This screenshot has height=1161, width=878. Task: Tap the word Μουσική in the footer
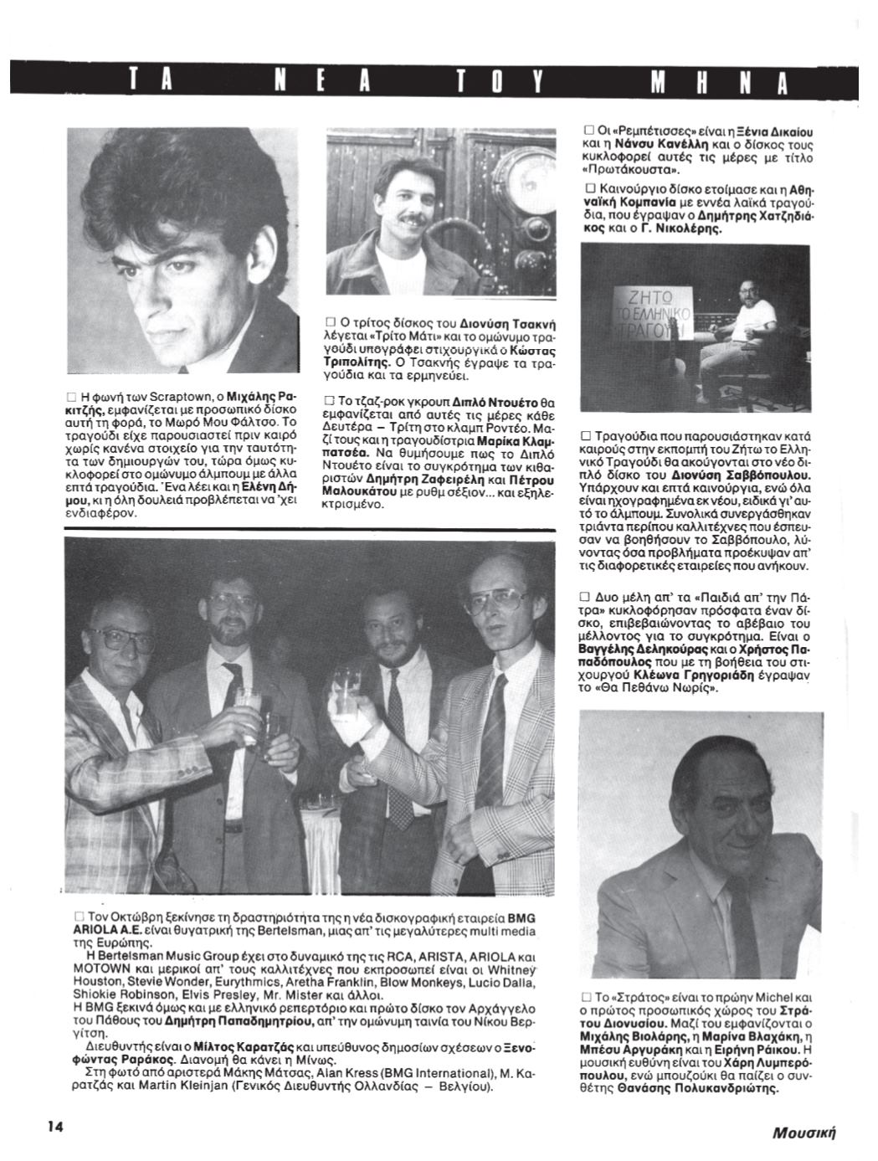coord(805,1133)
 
